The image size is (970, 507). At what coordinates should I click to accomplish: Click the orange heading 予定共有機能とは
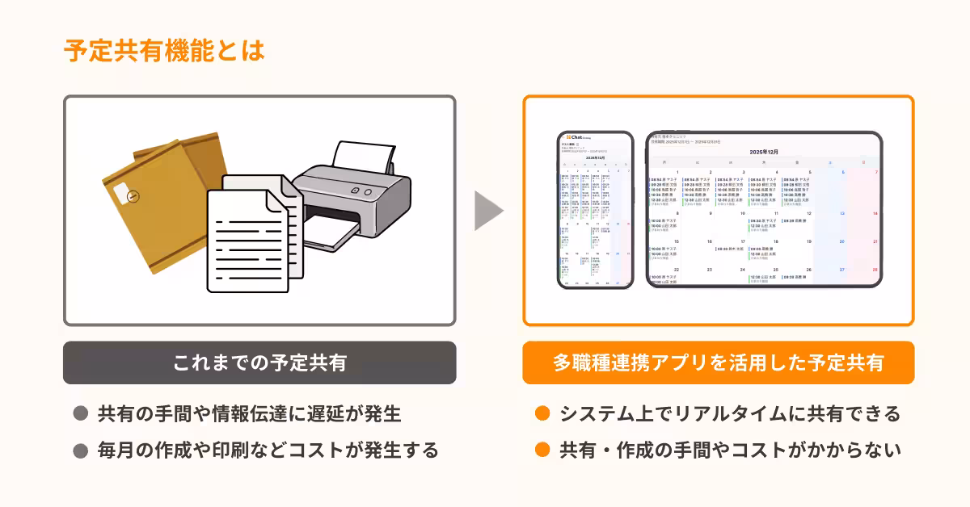click(x=164, y=50)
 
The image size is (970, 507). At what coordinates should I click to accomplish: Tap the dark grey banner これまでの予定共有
click(x=259, y=363)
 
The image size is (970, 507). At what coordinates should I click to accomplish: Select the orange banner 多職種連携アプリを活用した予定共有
click(x=718, y=363)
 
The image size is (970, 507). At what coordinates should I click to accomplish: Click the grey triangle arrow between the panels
click(x=487, y=212)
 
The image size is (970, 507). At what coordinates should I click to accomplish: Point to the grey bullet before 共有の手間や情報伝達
click(x=80, y=414)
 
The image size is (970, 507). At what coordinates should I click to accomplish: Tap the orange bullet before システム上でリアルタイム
click(x=542, y=414)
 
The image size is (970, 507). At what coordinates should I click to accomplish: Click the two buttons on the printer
click(x=362, y=191)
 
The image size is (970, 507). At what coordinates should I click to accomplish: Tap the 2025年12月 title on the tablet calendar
click(x=763, y=152)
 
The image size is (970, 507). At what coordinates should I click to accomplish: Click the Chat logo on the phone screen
click(x=576, y=136)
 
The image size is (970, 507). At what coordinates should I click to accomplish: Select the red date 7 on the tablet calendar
click(x=875, y=172)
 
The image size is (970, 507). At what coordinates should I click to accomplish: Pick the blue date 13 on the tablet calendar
click(x=841, y=213)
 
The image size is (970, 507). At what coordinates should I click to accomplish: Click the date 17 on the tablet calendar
click(x=742, y=241)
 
